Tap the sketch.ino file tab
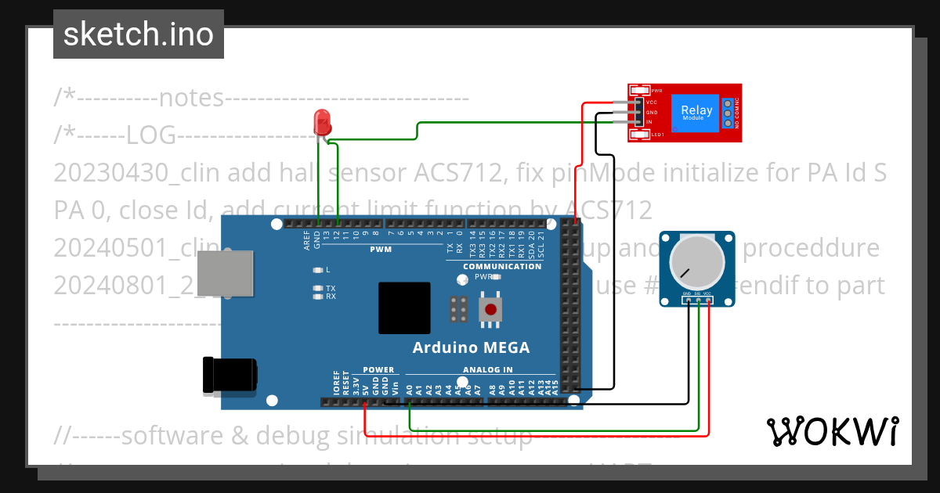139,34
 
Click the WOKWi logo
832,431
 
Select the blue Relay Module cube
696,112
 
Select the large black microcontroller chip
404,308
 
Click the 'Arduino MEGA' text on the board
471,347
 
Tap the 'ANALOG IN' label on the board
487,370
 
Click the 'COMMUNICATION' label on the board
502,266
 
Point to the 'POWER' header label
378,370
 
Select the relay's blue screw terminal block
728,113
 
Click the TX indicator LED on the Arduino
317,289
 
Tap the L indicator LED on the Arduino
317,270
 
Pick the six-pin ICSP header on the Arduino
459,310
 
